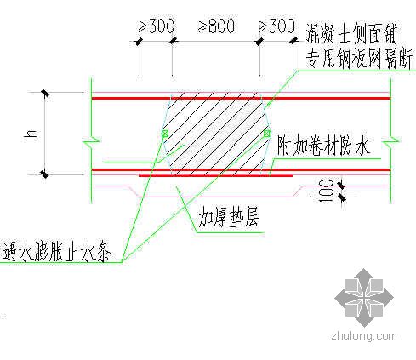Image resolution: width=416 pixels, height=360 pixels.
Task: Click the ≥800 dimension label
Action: pyautogui.click(x=216, y=26)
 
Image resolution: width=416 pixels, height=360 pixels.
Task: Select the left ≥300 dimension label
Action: pyautogui.click(x=157, y=26)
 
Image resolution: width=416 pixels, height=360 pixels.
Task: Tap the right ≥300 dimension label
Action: pyautogui.click(x=276, y=26)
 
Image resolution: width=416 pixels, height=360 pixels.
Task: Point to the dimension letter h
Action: pyautogui.click(x=31, y=134)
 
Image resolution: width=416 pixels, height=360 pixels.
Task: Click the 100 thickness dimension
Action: pyautogui.click(x=326, y=191)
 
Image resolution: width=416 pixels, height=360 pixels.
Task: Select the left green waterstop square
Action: pyautogui.click(x=165, y=134)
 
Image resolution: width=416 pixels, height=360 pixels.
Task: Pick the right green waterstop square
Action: pyautogui.click(x=267, y=134)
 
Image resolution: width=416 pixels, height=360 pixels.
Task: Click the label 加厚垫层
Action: pyautogui.click(x=229, y=218)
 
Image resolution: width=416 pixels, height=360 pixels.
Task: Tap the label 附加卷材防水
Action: pyautogui.click(x=323, y=146)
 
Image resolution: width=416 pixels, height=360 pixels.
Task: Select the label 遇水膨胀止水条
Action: pyautogui.click(x=57, y=251)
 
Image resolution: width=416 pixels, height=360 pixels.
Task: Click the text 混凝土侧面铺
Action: pyautogui.click(x=351, y=32)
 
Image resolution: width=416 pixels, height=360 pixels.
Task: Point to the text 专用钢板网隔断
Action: pyautogui.click(x=358, y=59)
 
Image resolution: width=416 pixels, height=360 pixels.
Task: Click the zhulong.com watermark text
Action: pyautogui.click(x=364, y=336)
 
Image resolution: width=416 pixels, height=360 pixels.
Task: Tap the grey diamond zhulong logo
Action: pyautogui.click(x=364, y=298)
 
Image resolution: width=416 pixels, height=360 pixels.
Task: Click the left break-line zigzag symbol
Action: pyautogui.click(x=92, y=140)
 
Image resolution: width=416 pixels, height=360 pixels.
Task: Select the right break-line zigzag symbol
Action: pyautogui.click(x=390, y=140)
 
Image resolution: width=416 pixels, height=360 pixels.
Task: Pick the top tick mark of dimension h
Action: pyautogui.click(x=45, y=93)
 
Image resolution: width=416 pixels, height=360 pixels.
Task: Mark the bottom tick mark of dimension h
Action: pyautogui.click(x=44, y=174)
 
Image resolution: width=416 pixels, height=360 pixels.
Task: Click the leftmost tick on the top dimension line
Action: pyautogui.click(x=139, y=42)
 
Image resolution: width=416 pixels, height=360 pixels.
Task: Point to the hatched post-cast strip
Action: pyautogui.click(x=216, y=134)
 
